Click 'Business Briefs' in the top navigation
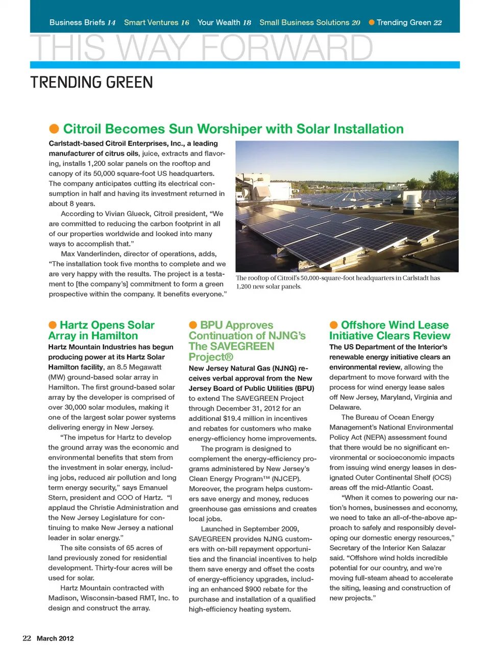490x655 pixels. pos(77,22)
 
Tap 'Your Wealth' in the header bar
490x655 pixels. pos(218,22)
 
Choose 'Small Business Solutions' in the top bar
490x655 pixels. pos(304,22)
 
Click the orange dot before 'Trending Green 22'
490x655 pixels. pos(372,22)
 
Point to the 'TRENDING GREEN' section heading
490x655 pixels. pos(91,82)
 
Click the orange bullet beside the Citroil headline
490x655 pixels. pos(54,129)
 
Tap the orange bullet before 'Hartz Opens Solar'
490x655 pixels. pos(53,325)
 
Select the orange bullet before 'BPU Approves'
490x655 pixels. pos(193,325)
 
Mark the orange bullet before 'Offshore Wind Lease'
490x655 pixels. pos(334,325)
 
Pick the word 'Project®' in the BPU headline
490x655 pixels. pos(211,357)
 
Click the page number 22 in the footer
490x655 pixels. pos(27,638)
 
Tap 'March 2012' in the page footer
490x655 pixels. pos(55,638)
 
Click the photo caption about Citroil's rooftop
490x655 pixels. pos(337,282)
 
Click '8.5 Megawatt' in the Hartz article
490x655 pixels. pos(139,367)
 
